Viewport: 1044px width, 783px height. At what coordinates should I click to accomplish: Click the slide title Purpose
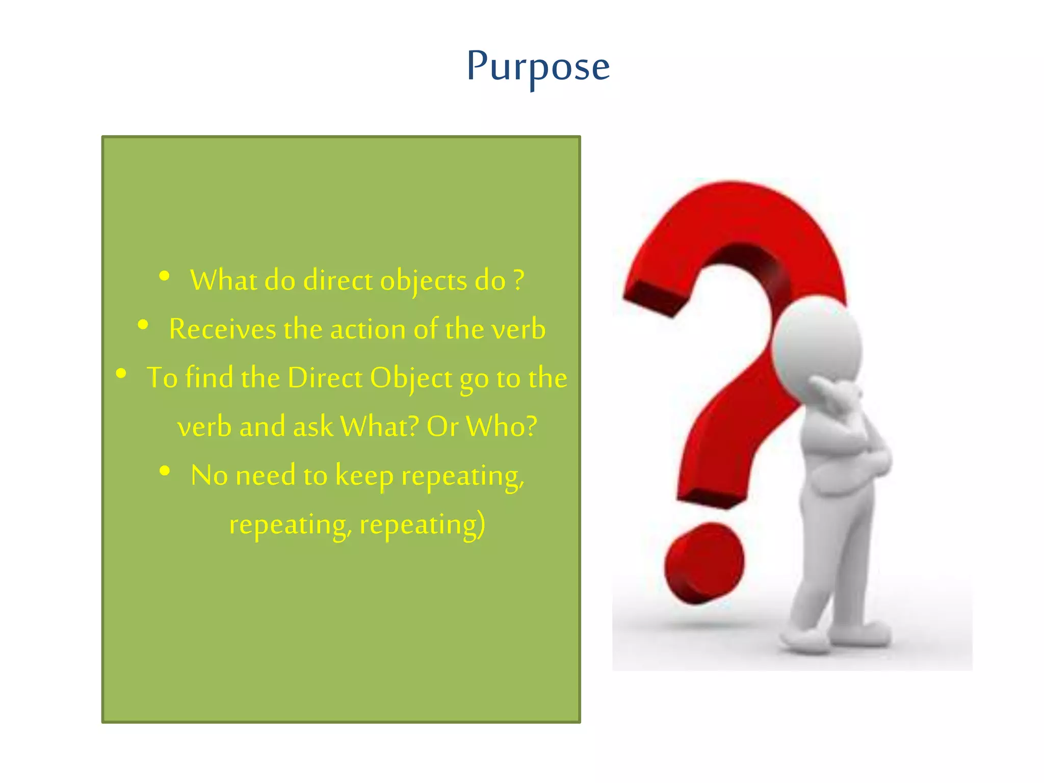coord(538,67)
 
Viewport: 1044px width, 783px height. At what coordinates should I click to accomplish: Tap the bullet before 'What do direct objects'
coord(164,276)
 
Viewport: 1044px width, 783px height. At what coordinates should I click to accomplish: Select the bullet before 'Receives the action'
coord(143,325)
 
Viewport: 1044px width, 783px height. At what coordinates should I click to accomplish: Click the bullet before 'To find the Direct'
coord(121,374)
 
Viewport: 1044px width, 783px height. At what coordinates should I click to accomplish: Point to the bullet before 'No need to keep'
coord(165,471)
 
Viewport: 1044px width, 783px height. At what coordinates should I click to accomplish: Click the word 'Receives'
coord(222,329)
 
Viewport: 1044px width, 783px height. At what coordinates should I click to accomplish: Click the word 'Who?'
coord(501,426)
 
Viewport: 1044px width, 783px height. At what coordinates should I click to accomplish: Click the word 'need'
coord(266,475)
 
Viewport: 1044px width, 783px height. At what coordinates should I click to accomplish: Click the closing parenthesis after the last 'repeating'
coord(481,524)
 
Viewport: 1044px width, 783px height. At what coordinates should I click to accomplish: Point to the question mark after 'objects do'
coord(518,280)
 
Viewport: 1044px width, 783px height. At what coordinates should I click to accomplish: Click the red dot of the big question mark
coord(704,563)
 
